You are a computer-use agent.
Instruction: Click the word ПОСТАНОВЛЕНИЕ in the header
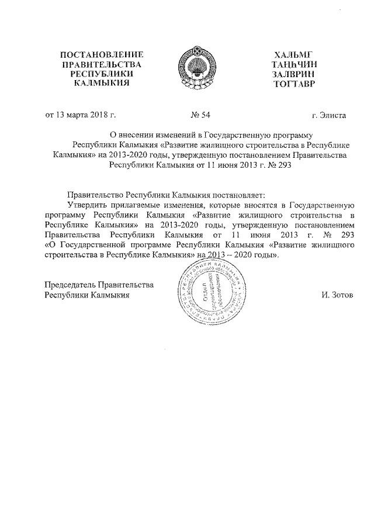102,54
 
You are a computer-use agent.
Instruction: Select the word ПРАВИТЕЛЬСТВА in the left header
102,64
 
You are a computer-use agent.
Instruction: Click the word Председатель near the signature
72,285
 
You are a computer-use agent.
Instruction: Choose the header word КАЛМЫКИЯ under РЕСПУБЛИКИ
102,84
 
